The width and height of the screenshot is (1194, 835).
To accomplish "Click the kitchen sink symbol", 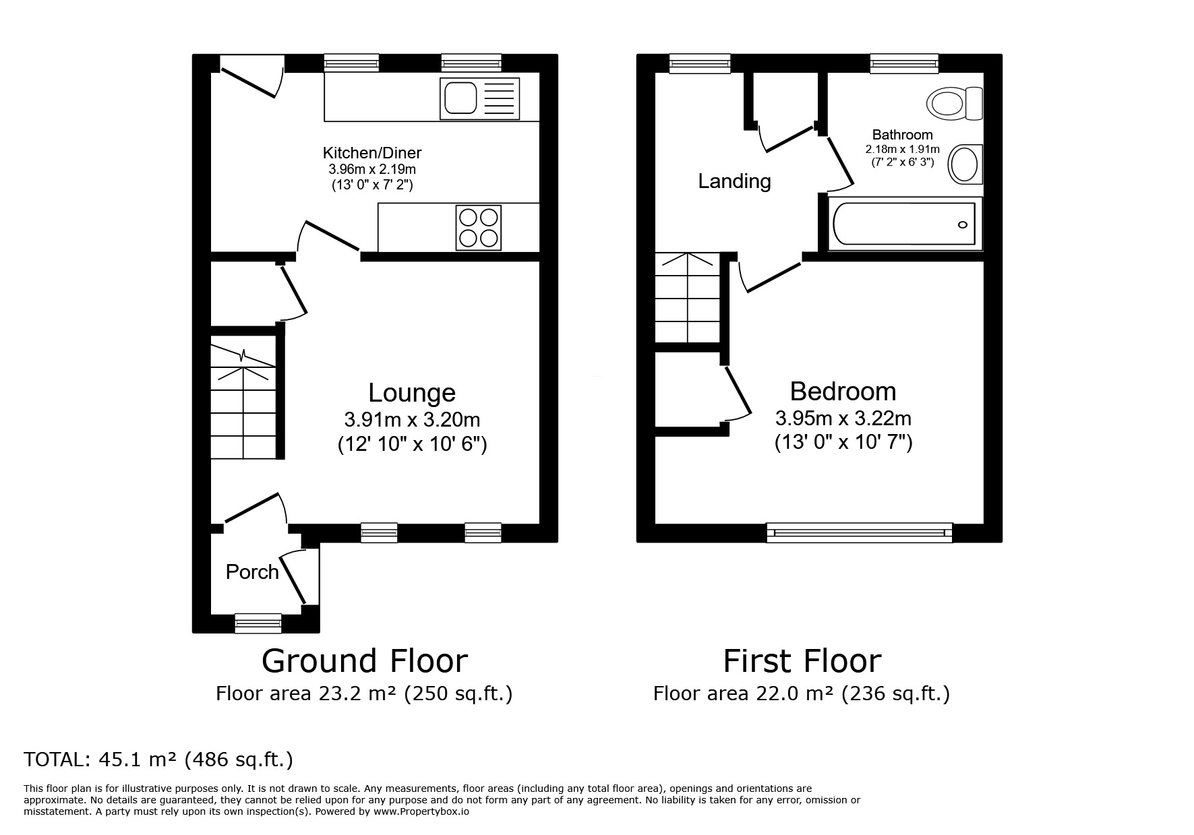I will (x=479, y=98).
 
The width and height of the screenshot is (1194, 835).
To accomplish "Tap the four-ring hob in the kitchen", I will (x=479, y=227).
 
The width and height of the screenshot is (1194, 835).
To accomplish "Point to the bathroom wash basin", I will (x=965, y=164).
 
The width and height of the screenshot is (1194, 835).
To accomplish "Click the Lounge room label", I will (x=411, y=393).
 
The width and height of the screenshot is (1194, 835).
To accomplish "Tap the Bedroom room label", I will (x=843, y=392).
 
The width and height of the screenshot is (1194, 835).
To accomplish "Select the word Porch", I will (x=252, y=572).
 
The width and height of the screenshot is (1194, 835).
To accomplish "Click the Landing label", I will (x=734, y=181).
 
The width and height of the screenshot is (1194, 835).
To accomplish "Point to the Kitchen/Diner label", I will (x=371, y=153).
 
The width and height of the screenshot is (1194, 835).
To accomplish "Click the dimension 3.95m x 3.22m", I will (x=843, y=419).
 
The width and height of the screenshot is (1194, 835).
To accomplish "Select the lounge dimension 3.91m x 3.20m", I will (x=411, y=420).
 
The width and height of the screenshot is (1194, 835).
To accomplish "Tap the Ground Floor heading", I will (x=364, y=661).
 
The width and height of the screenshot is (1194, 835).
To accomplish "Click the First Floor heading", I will (x=802, y=661).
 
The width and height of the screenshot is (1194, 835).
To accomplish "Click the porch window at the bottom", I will (x=258, y=623).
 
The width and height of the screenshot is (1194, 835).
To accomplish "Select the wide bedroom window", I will (x=860, y=533).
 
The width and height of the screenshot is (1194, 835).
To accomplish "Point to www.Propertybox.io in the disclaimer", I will (x=421, y=812).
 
